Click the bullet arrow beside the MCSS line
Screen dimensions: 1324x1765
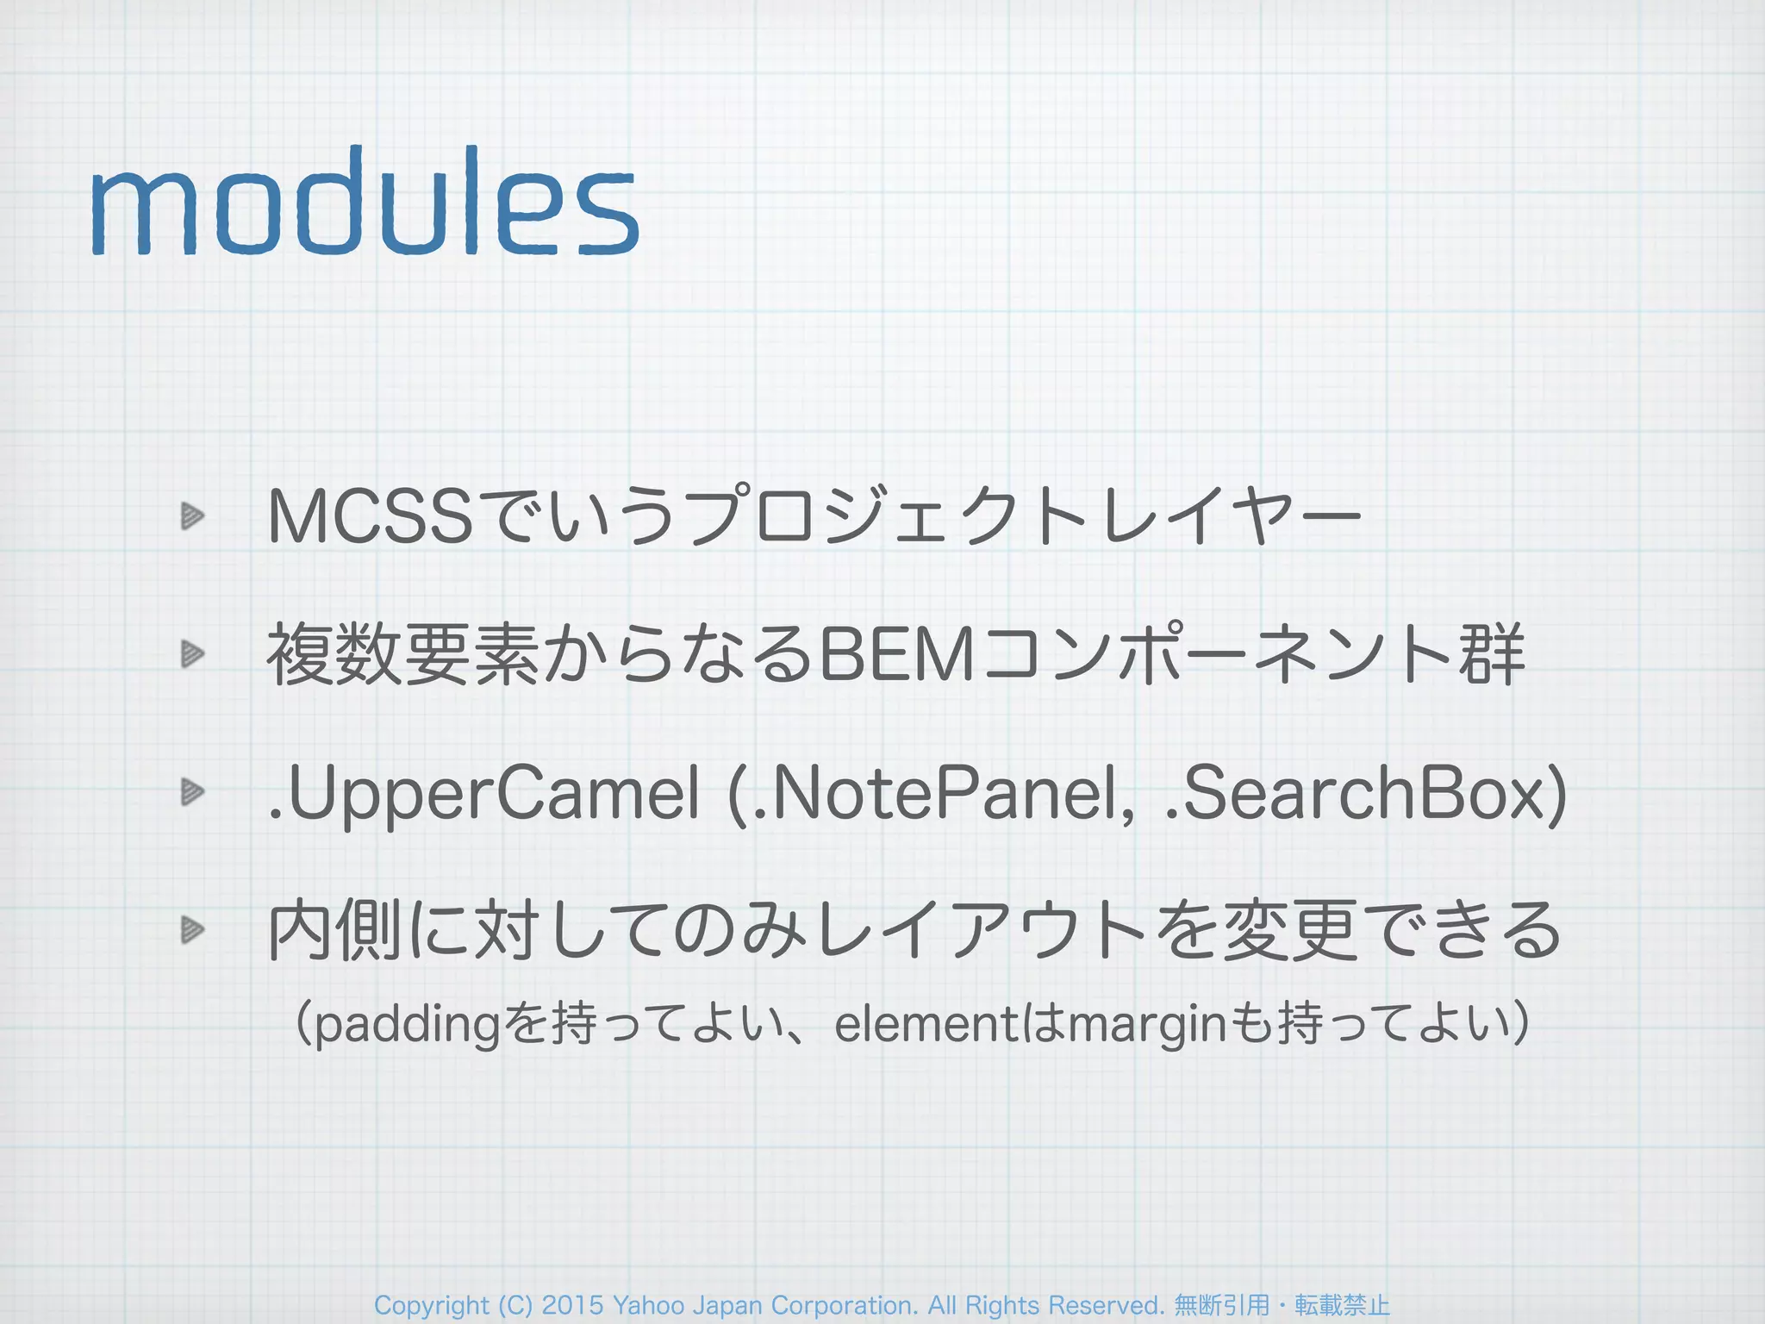point(192,516)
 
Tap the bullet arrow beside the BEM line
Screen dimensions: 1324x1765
point(192,654)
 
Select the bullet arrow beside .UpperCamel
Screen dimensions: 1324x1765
point(192,791)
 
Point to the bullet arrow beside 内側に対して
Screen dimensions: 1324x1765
point(192,929)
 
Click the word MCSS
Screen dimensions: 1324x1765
point(371,517)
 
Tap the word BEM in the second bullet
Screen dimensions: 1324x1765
point(896,655)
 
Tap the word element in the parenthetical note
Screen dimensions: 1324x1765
point(926,1024)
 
